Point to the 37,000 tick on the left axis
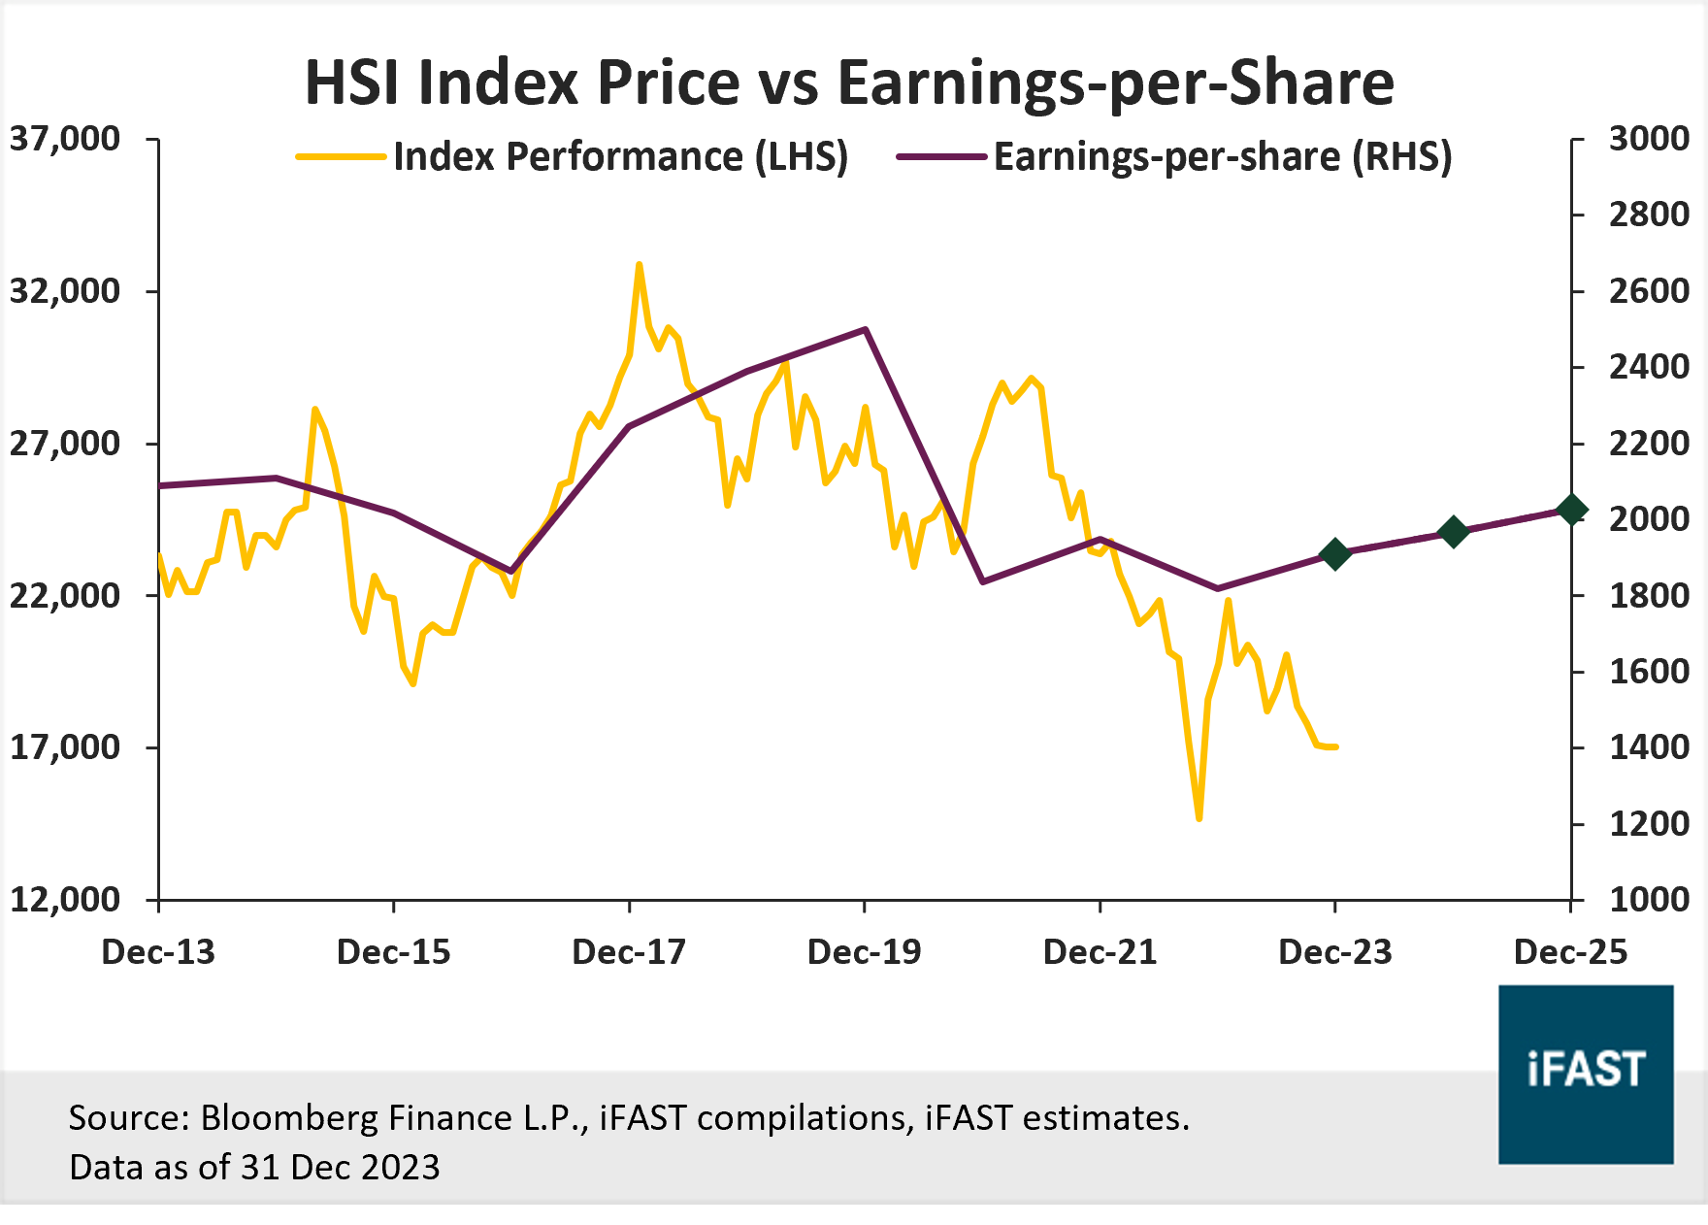pyautogui.click(x=65, y=139)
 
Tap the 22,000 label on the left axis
pyautogui.click(x=65, y=595)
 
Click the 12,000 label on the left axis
pyautogui.click(x=65, y=899)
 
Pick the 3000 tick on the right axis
pyautogui.click(x=1649, y=139)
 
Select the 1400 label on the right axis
pyautogui.click(x=1649, y=747)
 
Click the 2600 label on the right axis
pyautogui.click(x=1649, y=291)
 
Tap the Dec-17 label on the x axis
pyautogui.click(x=629, y=952)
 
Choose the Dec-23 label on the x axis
pyautogui.click(x=1335, y=952)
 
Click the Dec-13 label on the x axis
pyautogui.click(x=158, y=952)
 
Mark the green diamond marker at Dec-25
pyautogui.click(x=1571, y=510)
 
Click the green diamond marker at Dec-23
pyautogui.click(x=1335, y=554)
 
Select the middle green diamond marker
pyautogui.click(x=1453, y=532)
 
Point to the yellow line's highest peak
pyautogui.click(x=639, y=264)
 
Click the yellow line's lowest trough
pyautogui.click(x=1199, y=818)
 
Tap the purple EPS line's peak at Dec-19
pyautogui.click(x=865, y=329)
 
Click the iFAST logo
pyautogui.click(x=1586, y=1074)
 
